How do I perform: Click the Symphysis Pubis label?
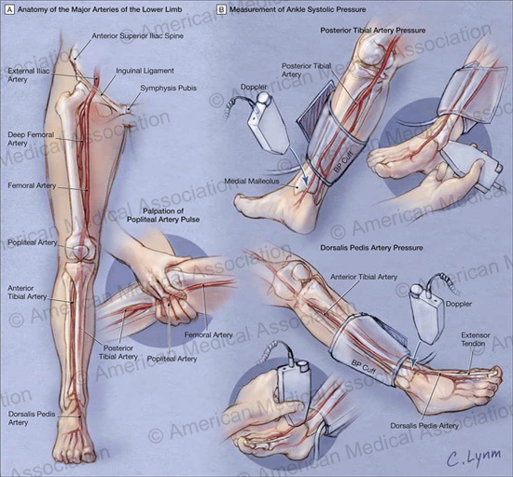click(169, 89)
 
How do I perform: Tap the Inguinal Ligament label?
click(145, 71)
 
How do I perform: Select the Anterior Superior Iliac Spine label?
click(137, 35)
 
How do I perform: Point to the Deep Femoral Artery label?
click(31, 139)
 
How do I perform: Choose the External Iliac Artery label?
click(29, 75)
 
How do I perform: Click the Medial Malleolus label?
click(252, 181)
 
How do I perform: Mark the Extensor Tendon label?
click(476, 339)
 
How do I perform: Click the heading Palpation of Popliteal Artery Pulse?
click(163, 215)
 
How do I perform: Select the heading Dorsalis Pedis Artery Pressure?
click(371, 248)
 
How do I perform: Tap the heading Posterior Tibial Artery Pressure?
click(373, 31)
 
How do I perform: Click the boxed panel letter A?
click(10, 9)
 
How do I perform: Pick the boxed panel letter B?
click(221, 9)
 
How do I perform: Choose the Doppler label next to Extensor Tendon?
click(459, 304)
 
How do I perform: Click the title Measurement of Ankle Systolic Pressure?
click(298, 9)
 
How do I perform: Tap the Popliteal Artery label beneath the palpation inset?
click(172, 359)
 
